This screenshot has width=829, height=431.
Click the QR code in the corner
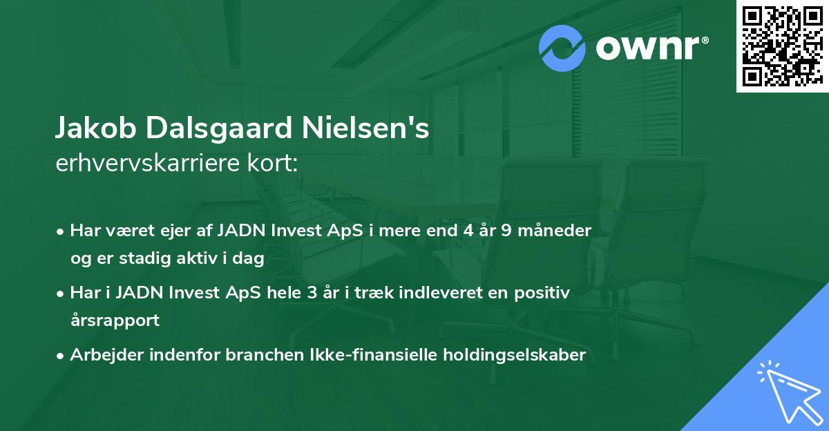point(782,46)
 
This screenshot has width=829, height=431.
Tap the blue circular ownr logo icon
point(563,48)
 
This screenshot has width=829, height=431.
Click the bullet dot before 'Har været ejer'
point(61,231)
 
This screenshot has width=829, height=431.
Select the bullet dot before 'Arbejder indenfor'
point(61,356)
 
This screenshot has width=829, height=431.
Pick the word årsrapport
point(115,320)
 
